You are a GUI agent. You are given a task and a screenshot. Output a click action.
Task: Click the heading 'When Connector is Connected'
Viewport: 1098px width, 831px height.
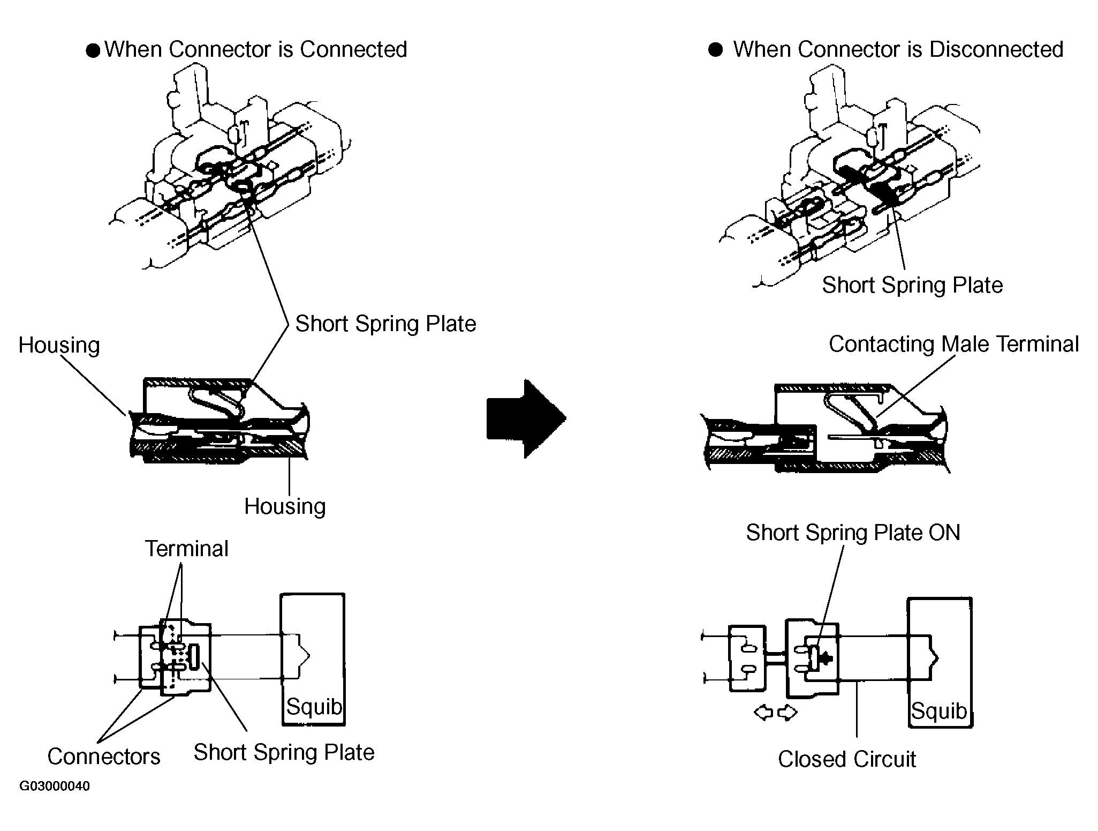pyautogui.click(x=256, y=49)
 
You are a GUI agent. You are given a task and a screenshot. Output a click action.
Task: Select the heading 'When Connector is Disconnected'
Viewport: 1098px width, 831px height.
pyautogui.click(x=898, y=49)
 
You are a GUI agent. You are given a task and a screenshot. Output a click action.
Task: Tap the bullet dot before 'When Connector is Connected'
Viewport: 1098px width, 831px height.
pyautogui.click(x=93, y=51)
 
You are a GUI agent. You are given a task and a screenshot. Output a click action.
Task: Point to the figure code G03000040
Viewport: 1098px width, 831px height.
pyautogui.click(x=55, y=786)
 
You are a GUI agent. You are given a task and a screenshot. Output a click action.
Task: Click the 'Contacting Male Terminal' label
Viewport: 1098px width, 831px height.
pyautogui.click(x=953, y=344)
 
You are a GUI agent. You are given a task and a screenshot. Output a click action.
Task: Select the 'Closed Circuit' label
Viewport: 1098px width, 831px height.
pyautogui.click(x=846, y=759)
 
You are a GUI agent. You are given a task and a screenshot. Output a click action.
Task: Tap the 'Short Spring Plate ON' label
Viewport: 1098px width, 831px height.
pyautogui.click(x=853, y=533)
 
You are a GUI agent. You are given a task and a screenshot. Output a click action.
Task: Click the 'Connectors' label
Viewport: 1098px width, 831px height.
pyautogui.click(x=104, y=757)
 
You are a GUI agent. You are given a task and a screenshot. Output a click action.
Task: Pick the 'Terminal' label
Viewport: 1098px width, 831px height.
pyautogui.click(x=187, y=549)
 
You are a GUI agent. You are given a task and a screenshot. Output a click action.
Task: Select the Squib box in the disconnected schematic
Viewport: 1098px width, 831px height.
pyautogui.click(x=940, y=662)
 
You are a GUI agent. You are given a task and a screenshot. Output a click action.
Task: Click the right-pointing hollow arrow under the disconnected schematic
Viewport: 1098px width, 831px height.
pyautogui.click(x=787, y=713)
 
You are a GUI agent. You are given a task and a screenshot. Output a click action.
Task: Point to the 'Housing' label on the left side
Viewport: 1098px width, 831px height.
pyautogui.click(x=59, y=346)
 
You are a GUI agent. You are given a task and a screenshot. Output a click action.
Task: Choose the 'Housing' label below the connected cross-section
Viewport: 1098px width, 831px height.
pyautogui.click(x=285, y=507)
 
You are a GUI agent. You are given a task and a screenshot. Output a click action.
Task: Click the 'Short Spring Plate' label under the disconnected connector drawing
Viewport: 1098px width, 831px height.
pyautogui.click(x=912, y=285)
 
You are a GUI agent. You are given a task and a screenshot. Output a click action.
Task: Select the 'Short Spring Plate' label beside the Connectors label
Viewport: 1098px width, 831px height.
pyautogui.click(x=284, y=752)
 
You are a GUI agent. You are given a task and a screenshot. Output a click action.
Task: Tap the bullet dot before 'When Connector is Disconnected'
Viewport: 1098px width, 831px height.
pyautogui.click(x=716, y=50)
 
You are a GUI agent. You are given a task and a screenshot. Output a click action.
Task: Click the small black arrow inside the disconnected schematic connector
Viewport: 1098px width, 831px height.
pyautogui.click(x=826, y=657)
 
